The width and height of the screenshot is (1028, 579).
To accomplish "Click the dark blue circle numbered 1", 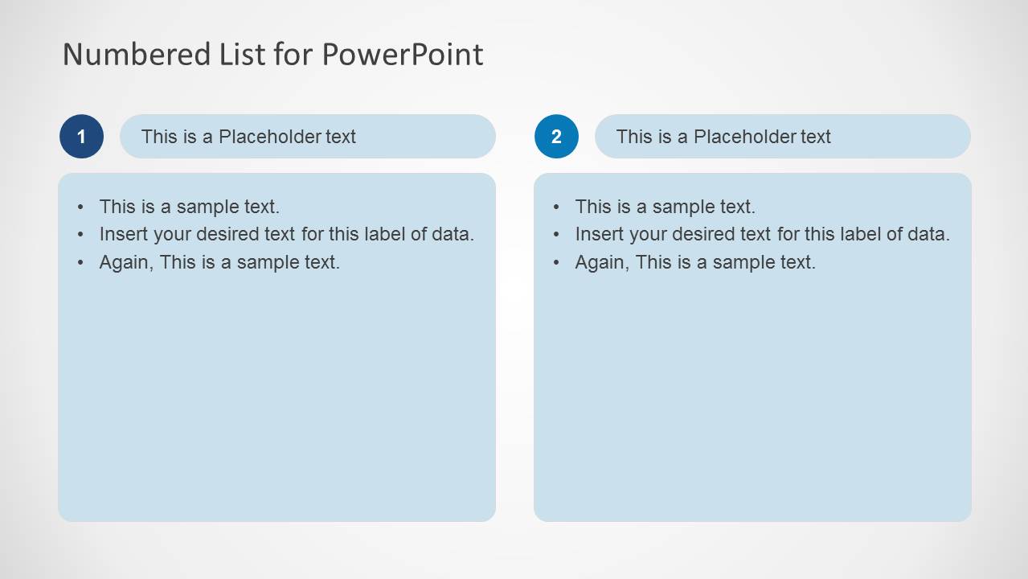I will pyautogui.click(x=81, y=137).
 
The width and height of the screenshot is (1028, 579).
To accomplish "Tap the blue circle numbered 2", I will pyautogui.click(x=556, y=137).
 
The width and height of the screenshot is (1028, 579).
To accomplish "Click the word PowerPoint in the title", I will pyautogui.click(x=403, y=54).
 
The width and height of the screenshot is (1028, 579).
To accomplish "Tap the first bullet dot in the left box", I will pyautogui.click(x=81, y=207).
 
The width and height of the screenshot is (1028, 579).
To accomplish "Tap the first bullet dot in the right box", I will pyautogui.click(x=556, y=207).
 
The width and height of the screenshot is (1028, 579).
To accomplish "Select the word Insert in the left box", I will pyautogui.click(x=120, y=234).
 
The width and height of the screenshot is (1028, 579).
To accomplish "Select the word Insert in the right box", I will pyautogui.click(x=596, y=234).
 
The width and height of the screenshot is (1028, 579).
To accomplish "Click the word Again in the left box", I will pyautogui.click(x=125, y=262).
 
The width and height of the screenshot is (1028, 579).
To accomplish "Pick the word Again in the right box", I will pyautogui.click(x=600, y=262).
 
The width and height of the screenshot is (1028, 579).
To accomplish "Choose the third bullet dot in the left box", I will pyautogui.click(x=81, y=262).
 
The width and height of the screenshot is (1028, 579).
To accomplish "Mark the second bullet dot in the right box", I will pyautogui.click(x=556, y=235).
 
